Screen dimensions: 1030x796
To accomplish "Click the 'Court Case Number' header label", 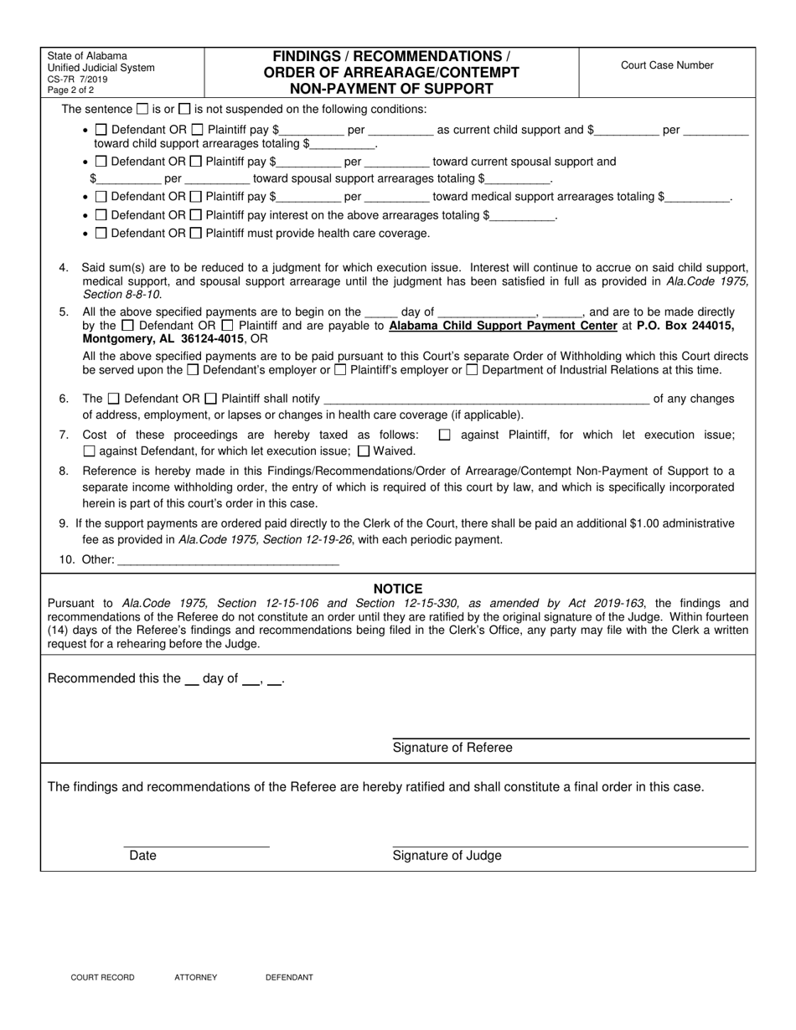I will coord(667,65).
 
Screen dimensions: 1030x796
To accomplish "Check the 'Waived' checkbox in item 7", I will coord(364,451).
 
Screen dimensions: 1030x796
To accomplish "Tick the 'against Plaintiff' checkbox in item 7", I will coord(444,435).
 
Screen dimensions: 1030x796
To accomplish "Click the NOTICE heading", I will coord(398,589).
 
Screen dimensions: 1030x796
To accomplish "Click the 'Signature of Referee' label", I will coord(452,747).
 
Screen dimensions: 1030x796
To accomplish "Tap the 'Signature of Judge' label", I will coord(447,855).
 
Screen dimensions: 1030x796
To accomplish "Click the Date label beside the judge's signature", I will coord(142,855).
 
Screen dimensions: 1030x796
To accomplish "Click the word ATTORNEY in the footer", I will coord(196,977).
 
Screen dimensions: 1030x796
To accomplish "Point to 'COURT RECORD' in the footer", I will coord(102,977).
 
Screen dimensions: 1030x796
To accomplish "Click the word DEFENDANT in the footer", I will coord(289,977).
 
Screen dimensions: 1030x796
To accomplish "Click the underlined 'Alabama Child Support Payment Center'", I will coord(503,326).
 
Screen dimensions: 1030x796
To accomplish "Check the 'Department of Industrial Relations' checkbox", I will coord(472,369).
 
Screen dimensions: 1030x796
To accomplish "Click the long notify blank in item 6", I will coord(486,399).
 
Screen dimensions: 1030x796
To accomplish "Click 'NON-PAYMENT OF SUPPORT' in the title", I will coord(391,88).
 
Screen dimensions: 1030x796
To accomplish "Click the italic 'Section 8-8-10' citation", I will coord(121,294).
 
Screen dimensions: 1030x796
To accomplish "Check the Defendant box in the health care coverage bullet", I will coord(101,233).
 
